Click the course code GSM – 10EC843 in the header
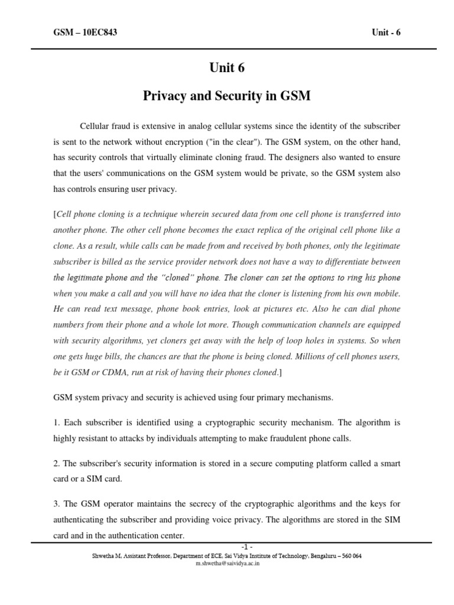pyautogui.click(x=85, y=32)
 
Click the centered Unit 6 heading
pyautogui.click(x=226, y=68)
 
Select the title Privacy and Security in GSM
pyautogui.click(x=226, y=96)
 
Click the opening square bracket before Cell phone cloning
pyautogui.click(x=55, y=214)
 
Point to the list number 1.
pyautogui.click(x=56, y=423)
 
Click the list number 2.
pyautogui.click(x=56, y=464)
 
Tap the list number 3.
pyautogui.click(x=56, y=504)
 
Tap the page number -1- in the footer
pyautogui.click(x=227, y=547)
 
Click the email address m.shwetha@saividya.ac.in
pyautogui.click(x=227, y=564)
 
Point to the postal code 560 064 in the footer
pyautogui.click(x=349, y=556)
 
